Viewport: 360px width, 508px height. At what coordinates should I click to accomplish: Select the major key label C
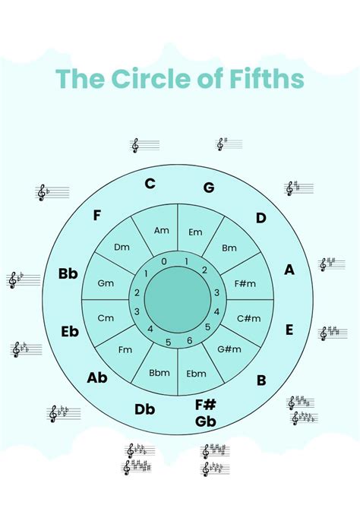[x=150, y=183]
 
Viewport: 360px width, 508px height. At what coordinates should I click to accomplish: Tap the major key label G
[x=209, y=188]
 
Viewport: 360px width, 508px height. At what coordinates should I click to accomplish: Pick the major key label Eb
[x=70, y=331]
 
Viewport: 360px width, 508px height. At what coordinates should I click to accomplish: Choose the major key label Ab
[x=97, y=377]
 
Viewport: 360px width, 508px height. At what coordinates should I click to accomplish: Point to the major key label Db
[x=145, y=409]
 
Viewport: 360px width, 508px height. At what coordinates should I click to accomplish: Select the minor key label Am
[x=161, y=230]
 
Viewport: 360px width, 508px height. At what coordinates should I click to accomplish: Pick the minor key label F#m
[x=245, y=283]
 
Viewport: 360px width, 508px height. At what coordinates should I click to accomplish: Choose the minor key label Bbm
[x=159, y=373]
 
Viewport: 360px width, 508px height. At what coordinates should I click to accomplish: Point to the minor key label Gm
[x=106, y=283]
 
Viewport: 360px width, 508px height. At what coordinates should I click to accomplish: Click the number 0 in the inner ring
[x=163, y=261]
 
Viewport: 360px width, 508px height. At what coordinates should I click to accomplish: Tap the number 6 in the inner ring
[x=189, y=341]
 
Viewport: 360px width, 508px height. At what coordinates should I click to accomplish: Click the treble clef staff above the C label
[x=145, y=145]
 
